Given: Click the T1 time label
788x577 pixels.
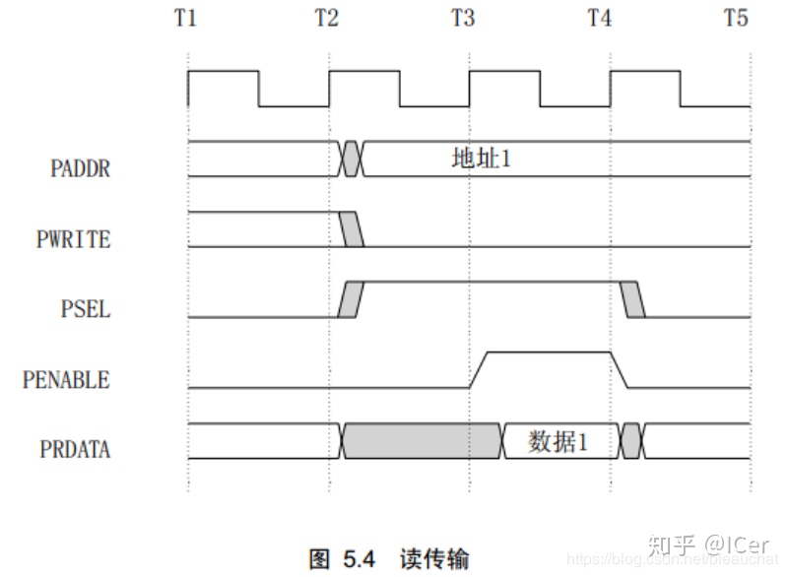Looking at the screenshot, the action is coord(186,18).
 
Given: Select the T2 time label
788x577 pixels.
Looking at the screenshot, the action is coord(327,18).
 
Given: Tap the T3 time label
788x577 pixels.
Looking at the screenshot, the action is coord(463,18).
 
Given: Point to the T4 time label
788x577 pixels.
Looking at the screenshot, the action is coord(599,18).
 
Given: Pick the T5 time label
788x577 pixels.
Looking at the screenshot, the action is coord(736,18).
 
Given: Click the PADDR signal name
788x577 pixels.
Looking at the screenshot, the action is coord(80,168).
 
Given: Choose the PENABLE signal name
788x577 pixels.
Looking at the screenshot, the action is coord(66,379).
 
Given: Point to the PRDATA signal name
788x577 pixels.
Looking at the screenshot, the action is coord(75,450).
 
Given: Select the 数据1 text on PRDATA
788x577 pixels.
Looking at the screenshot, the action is coord(558,442).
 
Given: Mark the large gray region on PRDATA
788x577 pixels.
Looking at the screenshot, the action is coord(422,441).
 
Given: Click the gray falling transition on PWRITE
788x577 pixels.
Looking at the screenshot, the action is coord(352,229).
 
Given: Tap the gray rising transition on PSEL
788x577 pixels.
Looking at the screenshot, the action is coord(351,299).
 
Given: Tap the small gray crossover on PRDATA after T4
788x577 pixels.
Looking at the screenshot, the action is coord(631,441).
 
